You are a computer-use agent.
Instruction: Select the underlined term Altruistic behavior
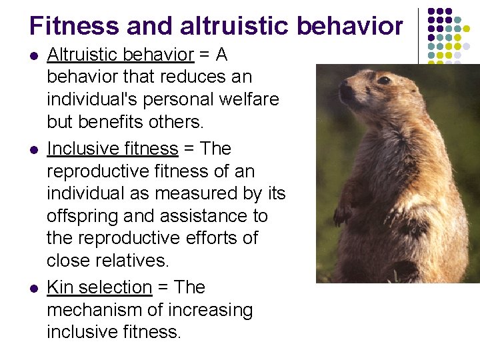[x=120, y=55]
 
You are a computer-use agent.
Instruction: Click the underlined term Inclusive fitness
[x=113, y=148]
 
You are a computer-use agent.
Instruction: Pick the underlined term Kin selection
[x=99, y=287]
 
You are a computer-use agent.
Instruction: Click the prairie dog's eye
[x=383, y=81]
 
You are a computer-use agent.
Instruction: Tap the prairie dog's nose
[x=344, y=87]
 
